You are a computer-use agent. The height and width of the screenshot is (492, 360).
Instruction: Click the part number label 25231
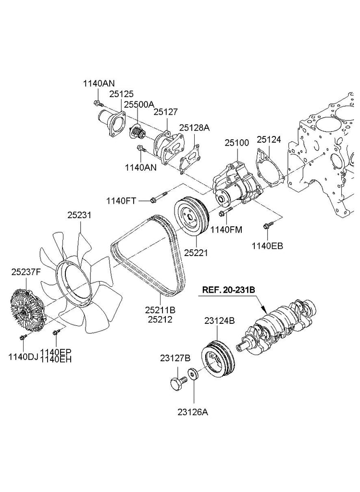tap(79, 216)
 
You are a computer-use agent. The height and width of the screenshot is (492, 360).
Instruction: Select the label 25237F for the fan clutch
tap(26, 272)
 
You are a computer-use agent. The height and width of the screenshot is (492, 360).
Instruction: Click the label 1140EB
tap(268, 246)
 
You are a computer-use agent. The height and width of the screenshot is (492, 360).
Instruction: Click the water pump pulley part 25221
tap(191, 217)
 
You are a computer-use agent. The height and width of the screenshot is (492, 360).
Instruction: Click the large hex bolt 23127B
tap(177, 384)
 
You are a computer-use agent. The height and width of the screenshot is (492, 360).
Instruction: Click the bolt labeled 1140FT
tap(159, 197)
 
